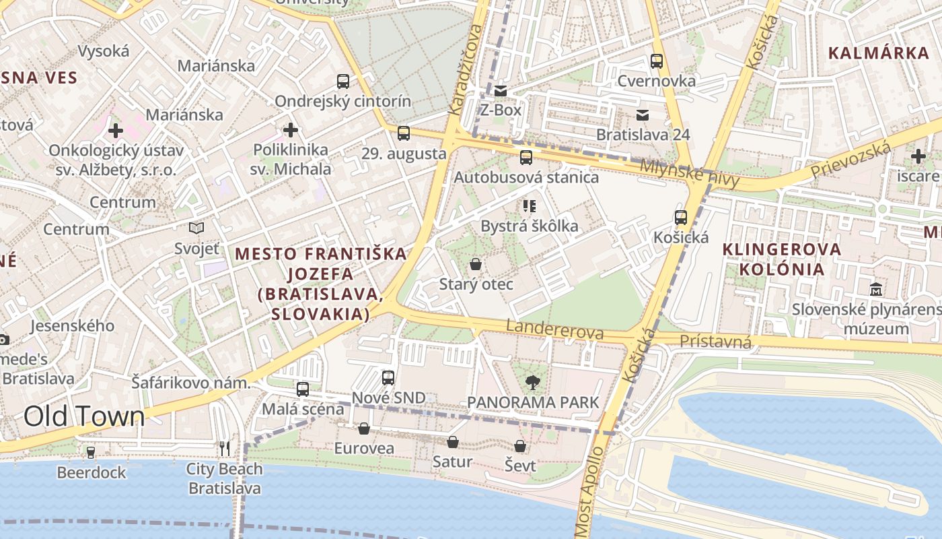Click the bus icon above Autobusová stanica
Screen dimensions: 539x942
[526, 158]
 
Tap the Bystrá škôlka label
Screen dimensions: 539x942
[529, 226]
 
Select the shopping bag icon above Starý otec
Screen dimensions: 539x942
[476, 263]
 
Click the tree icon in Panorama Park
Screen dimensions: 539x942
[532, 383]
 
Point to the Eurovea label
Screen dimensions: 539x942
[364, 448]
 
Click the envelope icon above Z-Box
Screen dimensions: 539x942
[501, 90]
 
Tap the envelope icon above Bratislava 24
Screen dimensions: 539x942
[643, 115]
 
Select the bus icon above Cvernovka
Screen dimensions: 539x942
[657, 61]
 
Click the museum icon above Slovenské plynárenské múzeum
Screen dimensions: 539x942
[876, 290]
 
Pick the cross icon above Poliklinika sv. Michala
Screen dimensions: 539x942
[291, 129]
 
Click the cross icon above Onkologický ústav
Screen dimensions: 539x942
[116, 130]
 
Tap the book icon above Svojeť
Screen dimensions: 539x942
[196, 228]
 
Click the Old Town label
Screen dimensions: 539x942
[84, 416]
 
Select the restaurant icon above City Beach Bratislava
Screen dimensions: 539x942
[225, 448]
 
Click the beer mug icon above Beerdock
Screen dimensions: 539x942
[91, 452]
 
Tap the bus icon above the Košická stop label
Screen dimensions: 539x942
[681, 218]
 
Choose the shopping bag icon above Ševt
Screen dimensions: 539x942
[520, 446]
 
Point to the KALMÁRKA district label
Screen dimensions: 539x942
[878, 53]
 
